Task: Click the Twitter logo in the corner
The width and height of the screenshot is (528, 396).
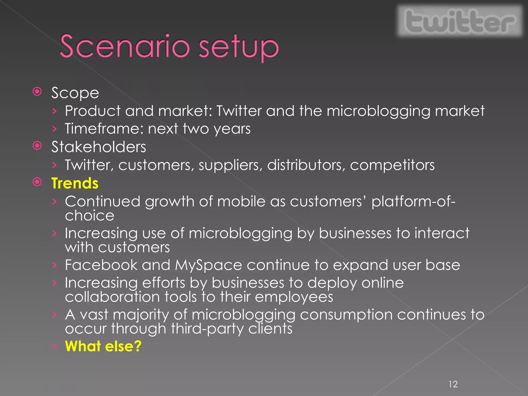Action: click(x=460, y=21)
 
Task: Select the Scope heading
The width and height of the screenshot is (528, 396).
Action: click(x=75, y=93)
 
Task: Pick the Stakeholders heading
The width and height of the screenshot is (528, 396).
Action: click(x=98, y=147)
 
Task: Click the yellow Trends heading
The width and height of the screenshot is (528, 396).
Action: click(x=75, y=183)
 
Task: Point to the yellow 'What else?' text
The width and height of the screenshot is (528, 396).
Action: click(x=103, y=346)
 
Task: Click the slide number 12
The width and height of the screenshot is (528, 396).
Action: click(x=453, y=384)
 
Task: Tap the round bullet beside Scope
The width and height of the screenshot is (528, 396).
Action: click(x=37, y=92)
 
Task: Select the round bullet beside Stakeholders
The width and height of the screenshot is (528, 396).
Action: click(x=37, y=146)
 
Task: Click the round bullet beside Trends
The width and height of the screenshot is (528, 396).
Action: click(x=37, y=182)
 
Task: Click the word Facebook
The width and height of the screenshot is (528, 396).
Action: click(x=101, y=265)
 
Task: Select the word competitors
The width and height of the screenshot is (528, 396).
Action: click(x=392, y=165)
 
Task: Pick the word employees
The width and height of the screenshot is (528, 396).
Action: click(x=294, y=297)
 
